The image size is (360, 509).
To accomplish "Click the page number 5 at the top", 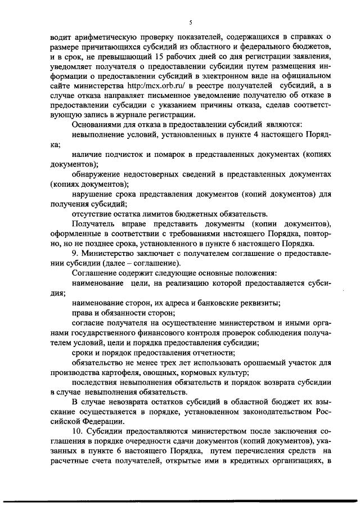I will click(x=191, y=22).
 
